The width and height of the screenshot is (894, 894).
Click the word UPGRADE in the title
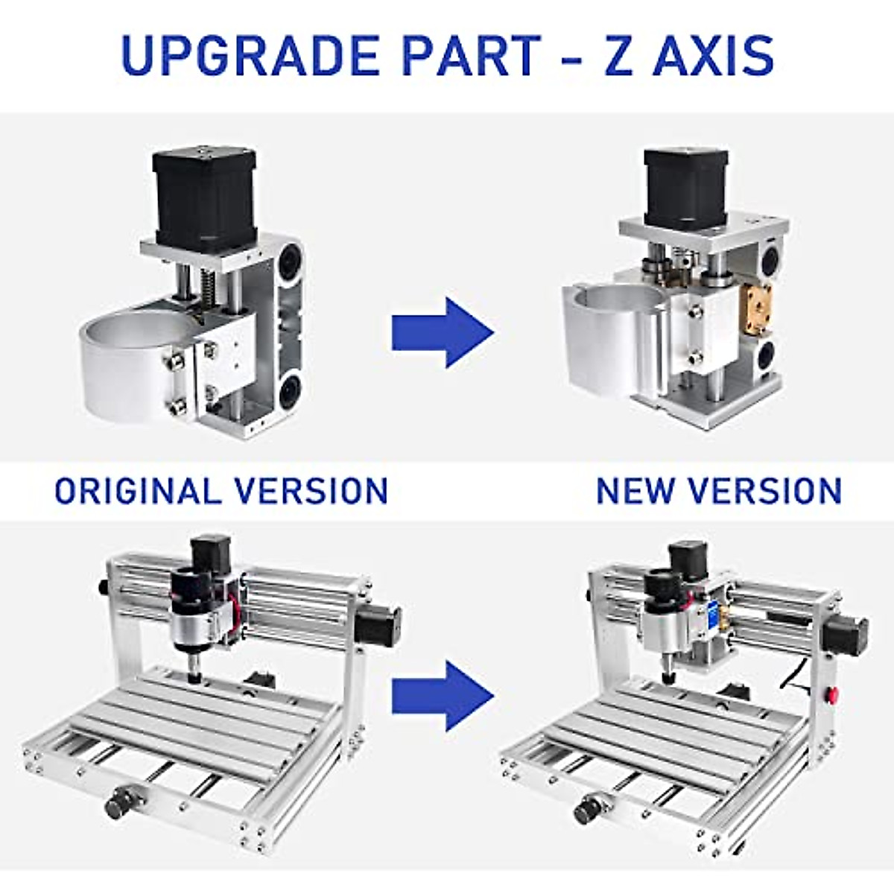[247, 56]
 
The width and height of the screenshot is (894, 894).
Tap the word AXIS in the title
[713, 56]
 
